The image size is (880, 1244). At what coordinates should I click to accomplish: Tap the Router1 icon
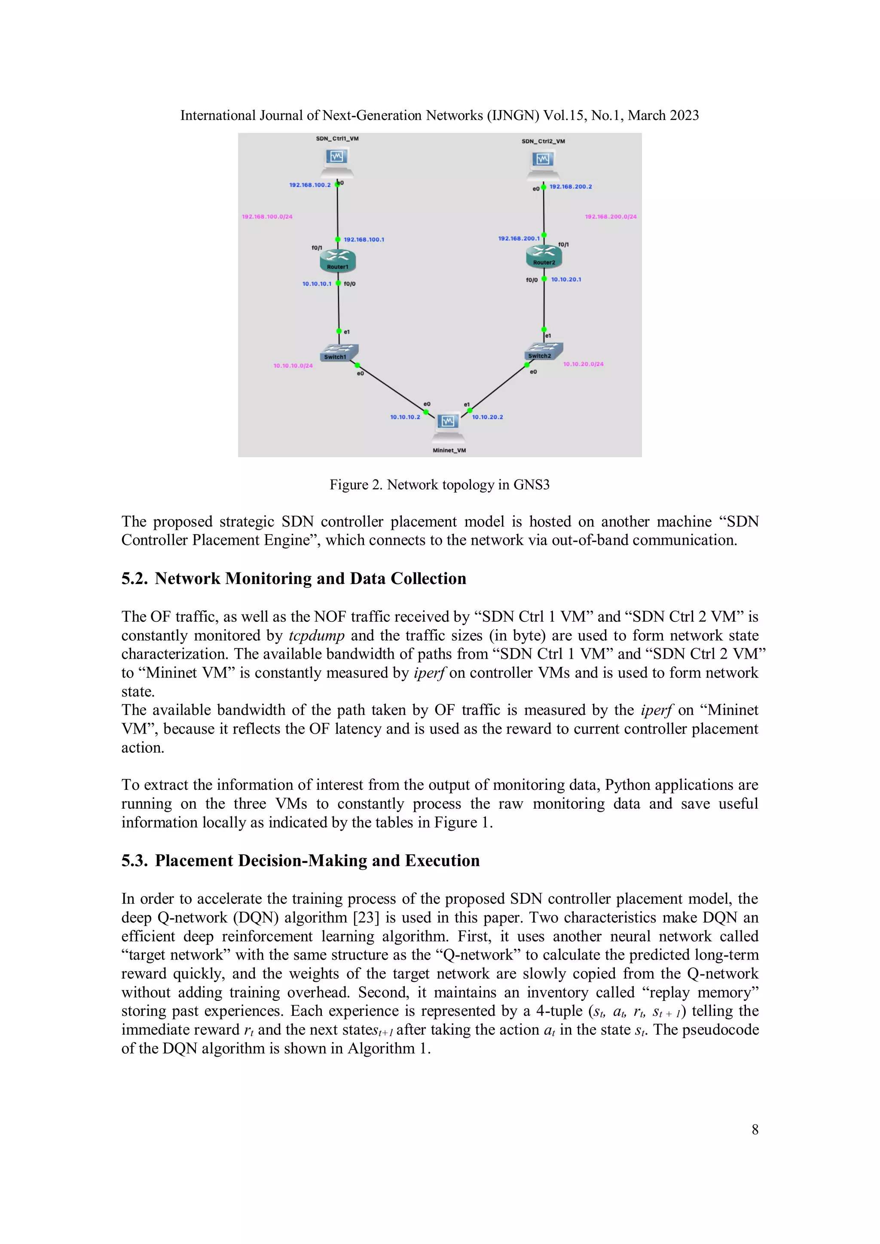click(338, 260)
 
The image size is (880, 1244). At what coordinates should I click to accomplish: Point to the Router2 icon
click(544, 256)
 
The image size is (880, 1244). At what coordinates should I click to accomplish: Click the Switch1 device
click(339, 353)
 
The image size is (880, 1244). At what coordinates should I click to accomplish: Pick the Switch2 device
click(544, 351)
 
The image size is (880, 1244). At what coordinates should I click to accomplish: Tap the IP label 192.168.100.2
click(309, 185)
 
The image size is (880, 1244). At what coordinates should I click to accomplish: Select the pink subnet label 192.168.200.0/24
click(611, 217)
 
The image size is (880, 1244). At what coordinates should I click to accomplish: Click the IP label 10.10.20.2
click(487, 417)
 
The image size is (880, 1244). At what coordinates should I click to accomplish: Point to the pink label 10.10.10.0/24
click(293, 366)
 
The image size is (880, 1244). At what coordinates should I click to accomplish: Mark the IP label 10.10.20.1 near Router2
click(566, 280)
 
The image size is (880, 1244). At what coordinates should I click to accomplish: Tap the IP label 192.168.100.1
click(364, 239)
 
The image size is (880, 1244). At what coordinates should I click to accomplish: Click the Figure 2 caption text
click(440, 485)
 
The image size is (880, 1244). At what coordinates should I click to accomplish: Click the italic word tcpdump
click(316, 636)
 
